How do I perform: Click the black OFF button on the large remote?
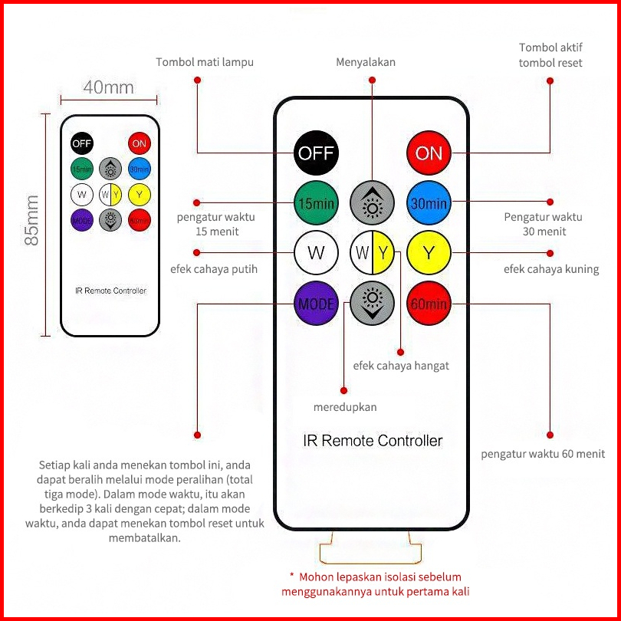316,152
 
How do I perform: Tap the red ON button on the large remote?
429,152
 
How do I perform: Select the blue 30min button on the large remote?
429,203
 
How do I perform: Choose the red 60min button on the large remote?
429,304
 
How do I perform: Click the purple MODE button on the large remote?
316,304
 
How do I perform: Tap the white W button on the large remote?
316,252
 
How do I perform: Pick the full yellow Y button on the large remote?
429,252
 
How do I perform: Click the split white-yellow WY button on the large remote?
373,252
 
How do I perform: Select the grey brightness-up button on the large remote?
373,203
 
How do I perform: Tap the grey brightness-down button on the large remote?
373,304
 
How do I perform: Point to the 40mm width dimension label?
108,87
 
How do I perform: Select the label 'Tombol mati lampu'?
204,62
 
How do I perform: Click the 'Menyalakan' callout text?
366,62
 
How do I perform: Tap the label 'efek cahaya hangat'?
401,366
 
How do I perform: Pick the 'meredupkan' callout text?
345,406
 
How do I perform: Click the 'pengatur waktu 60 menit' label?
542,454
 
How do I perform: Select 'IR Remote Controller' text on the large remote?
373,441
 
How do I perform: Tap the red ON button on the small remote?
139,143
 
